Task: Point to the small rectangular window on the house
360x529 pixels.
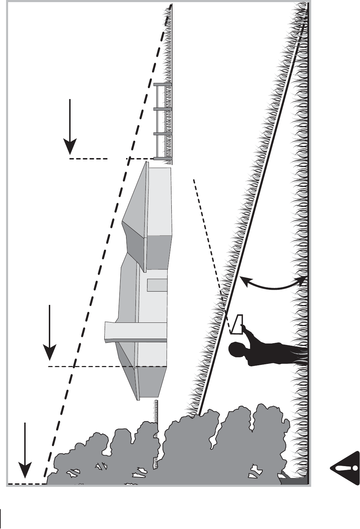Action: point(157,285)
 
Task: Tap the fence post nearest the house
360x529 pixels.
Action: point(163,158)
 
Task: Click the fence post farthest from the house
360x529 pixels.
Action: point(163,85)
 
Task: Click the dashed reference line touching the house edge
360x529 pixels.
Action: point(105,366)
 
